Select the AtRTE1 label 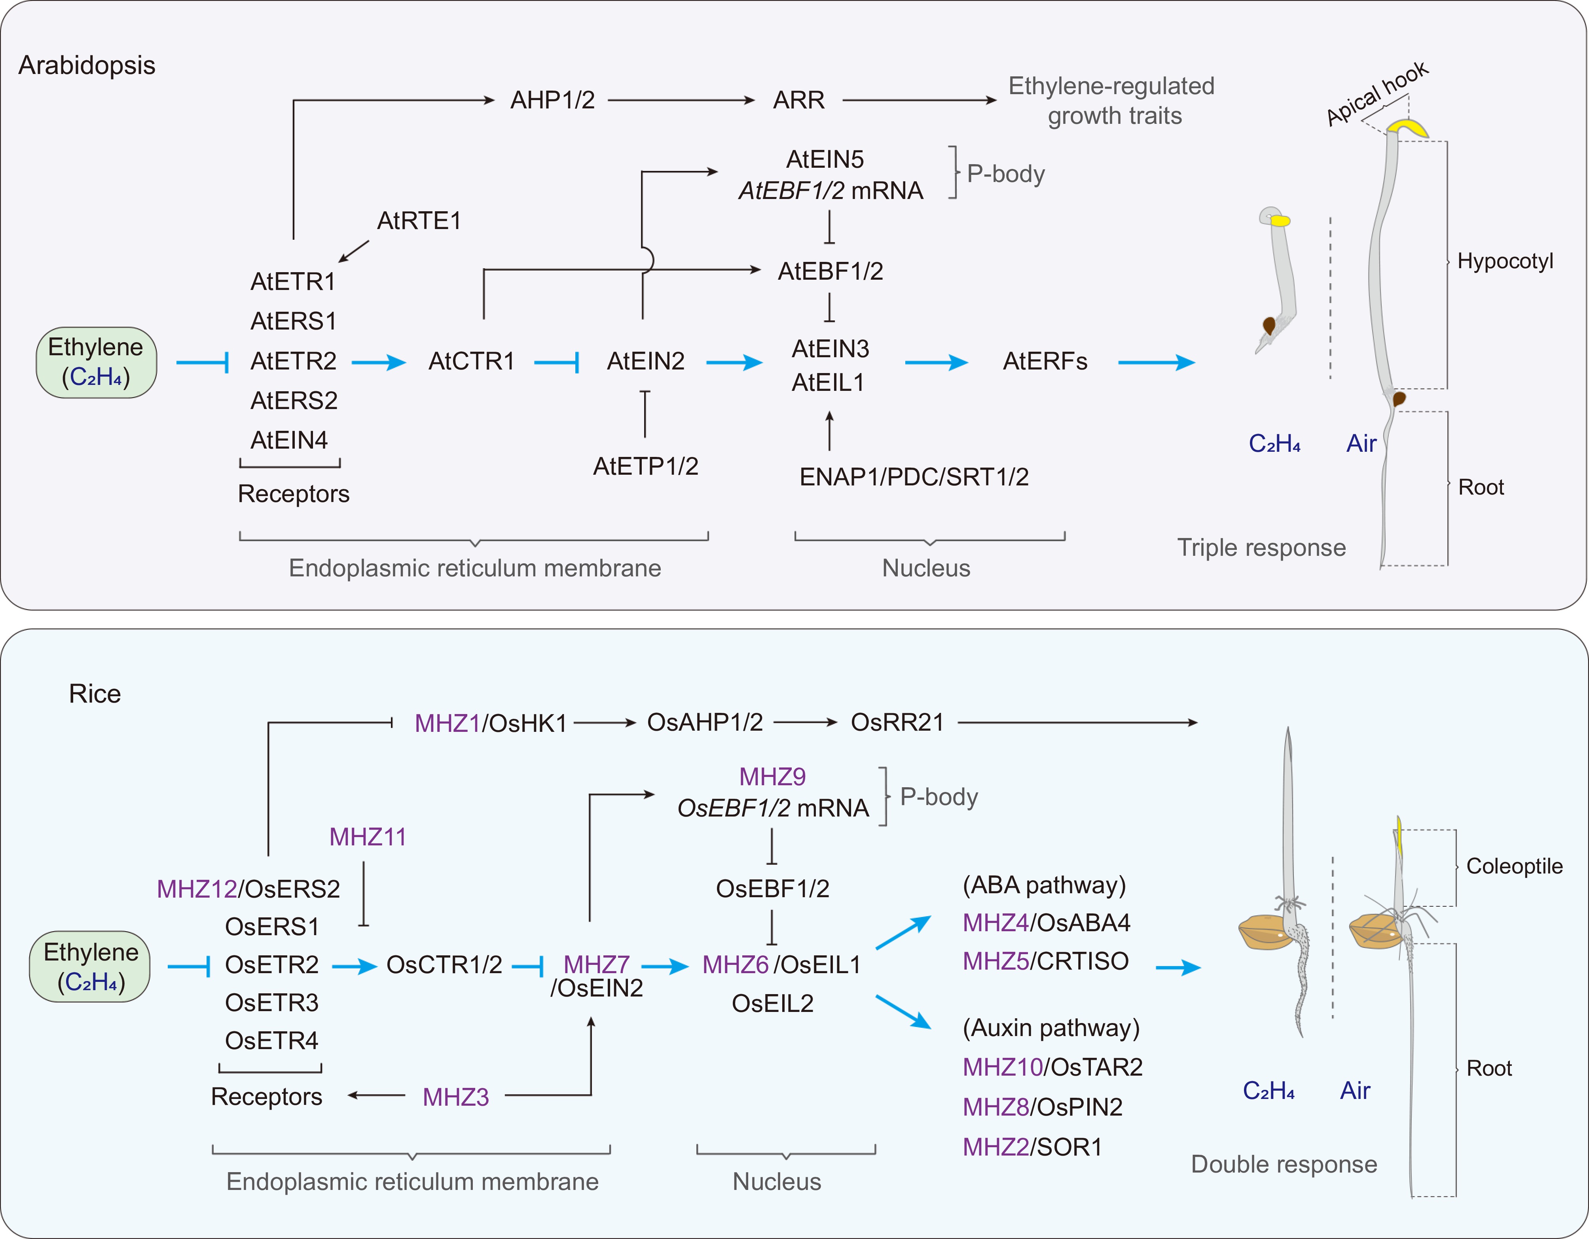click(x=418, y=220)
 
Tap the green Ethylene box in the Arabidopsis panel click(x=96, y=362)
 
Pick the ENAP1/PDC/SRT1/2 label click(x=914, y=477)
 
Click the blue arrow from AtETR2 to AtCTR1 click(x=378, y=362)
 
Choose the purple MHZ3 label click(x=455, y=1097)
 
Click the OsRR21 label click(x=897, y=722)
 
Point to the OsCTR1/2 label click(x=444, y=965)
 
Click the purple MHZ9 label click(x=772, y=777)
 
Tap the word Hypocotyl click(x=1505, y=261)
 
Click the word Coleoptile click(x=1514, y=866)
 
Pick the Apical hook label click(x=1377, y=93)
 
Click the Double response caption click(x=1284, y=1164)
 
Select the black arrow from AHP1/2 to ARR click(x=681, y=100)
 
